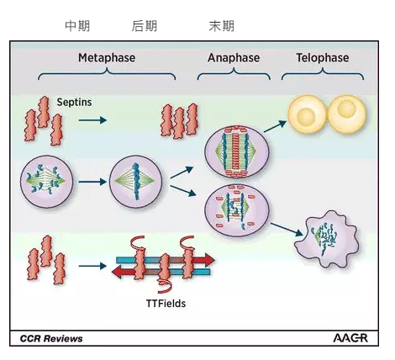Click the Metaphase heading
[107, 58]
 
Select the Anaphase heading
[234, 58]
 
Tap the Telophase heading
[323, 58]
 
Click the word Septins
[74, 102]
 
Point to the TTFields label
[166, 304]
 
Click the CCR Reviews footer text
[51, 338]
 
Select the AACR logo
[350, 338]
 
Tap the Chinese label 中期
[77, 26]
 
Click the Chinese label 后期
[145, 26]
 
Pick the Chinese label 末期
[222, 26]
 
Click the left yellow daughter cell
[308, 114]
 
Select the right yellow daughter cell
[347, 114]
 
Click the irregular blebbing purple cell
[327, 239]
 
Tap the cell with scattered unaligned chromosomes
[47, 182]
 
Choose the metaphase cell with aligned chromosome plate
[136, 182]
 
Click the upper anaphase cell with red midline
[237, 152]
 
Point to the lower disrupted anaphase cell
[237, 210]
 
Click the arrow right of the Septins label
[92, 120]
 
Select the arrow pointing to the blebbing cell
[287, 230]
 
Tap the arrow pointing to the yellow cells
[276, 126]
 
